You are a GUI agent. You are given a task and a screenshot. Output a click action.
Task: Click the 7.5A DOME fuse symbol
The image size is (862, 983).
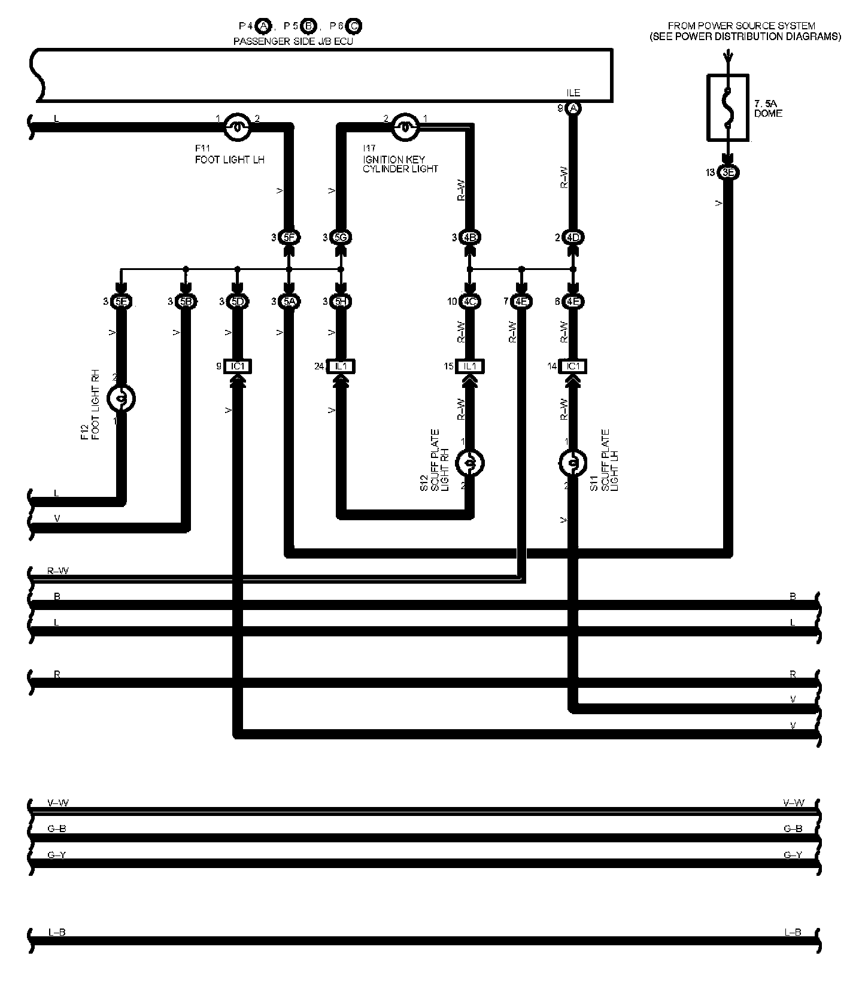click(727, 108)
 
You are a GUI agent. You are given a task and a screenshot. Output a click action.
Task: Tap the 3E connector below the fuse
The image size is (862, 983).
click(728, 173)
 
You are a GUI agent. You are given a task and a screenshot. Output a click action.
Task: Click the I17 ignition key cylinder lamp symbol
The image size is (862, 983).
click(405, 126)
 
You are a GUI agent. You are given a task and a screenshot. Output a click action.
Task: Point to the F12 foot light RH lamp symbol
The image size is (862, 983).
click(121, 398)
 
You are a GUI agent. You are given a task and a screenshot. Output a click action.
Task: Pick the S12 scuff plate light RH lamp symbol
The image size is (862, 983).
click(470, 463)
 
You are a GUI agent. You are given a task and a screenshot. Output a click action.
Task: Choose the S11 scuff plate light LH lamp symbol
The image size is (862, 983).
click(573, 463)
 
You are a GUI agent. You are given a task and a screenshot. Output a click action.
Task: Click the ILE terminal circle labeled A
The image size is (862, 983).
click(573, 108)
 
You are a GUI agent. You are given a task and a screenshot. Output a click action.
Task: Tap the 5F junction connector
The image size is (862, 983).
click(289, 238)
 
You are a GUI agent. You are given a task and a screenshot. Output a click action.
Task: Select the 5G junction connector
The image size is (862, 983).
click(341, 238)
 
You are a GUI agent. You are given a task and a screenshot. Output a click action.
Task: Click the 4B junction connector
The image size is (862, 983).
click(470, 238)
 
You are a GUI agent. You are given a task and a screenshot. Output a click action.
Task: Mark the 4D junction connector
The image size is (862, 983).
click(573, 238)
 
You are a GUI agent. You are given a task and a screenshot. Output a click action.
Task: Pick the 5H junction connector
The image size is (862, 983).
click(341, 302)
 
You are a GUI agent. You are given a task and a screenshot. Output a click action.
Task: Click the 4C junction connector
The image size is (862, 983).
click(470, 302)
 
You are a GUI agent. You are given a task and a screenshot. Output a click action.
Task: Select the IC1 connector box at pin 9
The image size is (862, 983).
click(238, 366)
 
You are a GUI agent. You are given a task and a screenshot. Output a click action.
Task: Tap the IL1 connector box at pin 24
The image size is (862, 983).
click(341, 366)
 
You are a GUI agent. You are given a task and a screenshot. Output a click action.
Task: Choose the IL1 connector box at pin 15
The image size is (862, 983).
click(470, 366)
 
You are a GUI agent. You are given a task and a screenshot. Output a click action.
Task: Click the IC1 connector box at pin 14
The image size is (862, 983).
click(573, 366)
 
